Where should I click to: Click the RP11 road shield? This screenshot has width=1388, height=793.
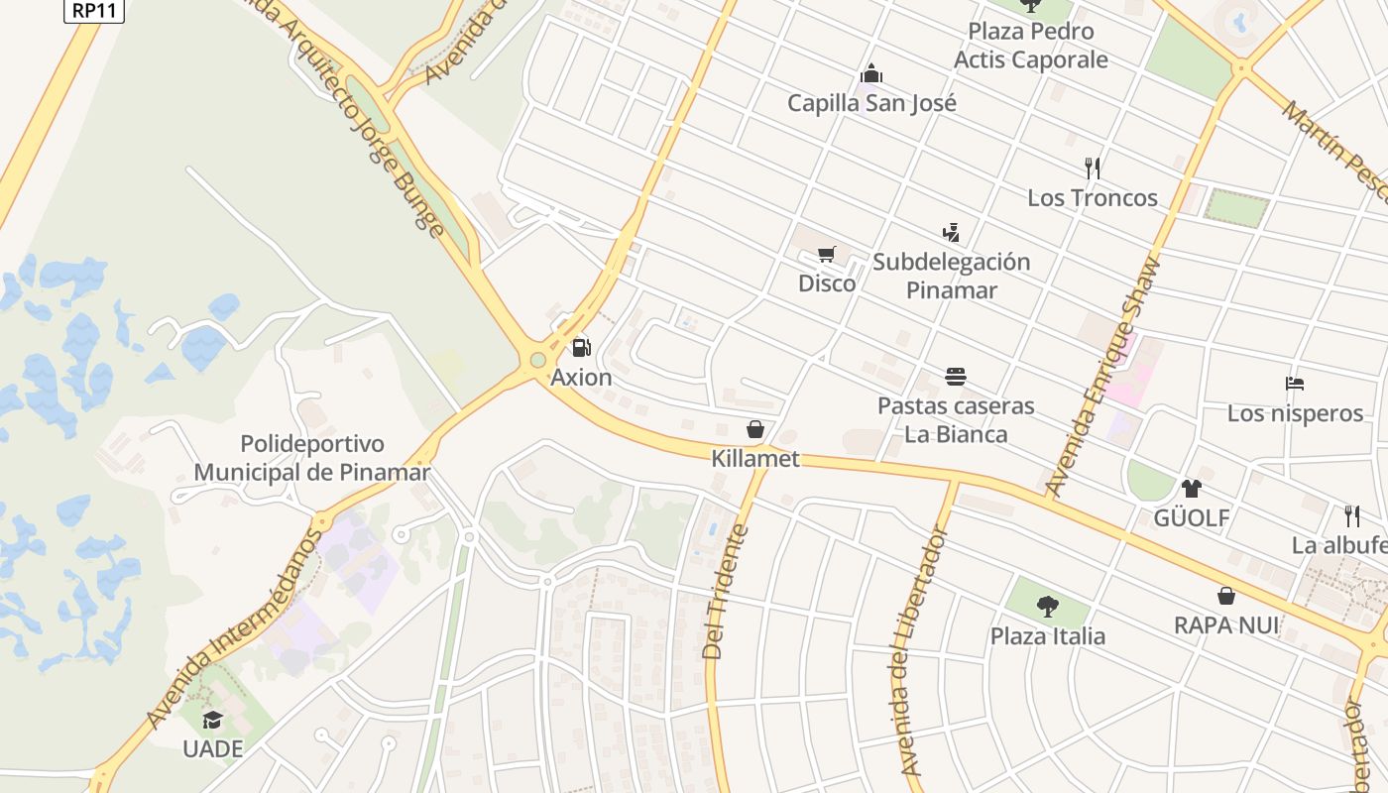94,9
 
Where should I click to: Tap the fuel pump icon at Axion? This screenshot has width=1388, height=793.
581,348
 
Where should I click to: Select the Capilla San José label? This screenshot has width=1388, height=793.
871,103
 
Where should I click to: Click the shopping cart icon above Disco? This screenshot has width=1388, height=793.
827,255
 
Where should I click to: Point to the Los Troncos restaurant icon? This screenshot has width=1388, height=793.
1093,168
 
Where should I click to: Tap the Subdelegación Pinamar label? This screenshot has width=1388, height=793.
951,276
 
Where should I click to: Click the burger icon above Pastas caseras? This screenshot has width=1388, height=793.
956,377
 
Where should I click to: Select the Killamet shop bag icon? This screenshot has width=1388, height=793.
755,429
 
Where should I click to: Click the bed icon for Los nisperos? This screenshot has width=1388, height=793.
1295,384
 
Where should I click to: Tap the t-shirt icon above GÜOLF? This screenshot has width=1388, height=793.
1191,488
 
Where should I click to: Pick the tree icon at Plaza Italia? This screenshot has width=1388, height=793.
1047,606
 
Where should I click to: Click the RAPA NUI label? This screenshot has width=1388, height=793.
1226,625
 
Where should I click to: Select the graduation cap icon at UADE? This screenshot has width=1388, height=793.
212,720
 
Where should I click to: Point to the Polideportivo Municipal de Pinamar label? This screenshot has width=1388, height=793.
312,458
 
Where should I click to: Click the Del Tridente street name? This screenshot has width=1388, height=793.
725,592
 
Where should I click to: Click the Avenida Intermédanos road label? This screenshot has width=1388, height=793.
234,631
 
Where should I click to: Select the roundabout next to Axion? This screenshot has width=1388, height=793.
538,360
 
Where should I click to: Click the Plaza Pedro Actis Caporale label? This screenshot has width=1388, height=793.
1030,46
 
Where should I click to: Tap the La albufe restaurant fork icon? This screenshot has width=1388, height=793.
1351,515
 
